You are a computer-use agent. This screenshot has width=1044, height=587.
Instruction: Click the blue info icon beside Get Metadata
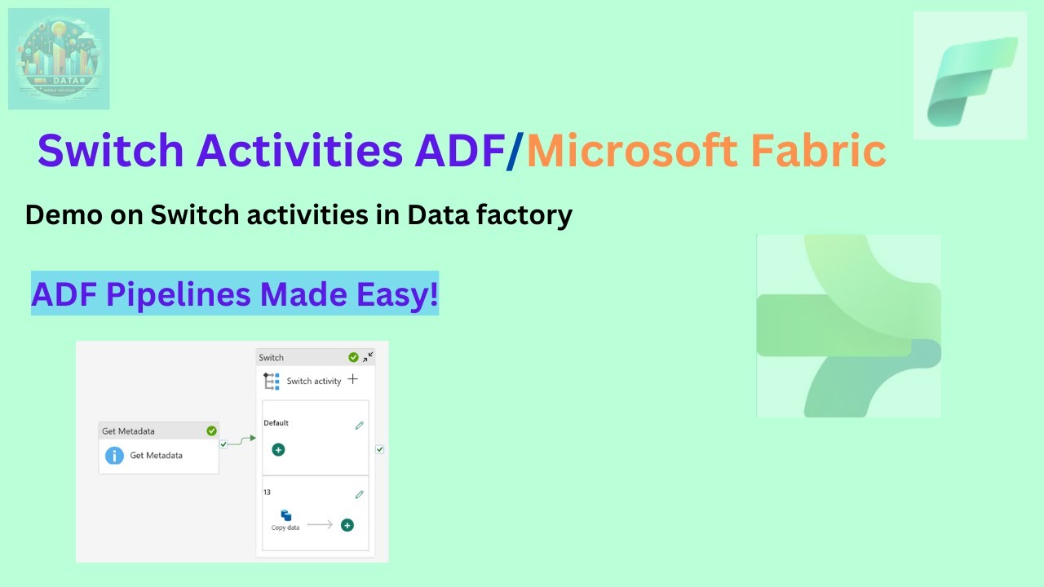click(115, 456)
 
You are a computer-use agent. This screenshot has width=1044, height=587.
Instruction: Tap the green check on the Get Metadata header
click(212, 430)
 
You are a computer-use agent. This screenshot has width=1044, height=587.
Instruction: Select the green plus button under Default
click(278, 449)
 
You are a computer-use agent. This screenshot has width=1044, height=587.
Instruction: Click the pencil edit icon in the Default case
click(359, 426)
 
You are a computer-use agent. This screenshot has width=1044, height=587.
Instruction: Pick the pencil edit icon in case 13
click(359, 495)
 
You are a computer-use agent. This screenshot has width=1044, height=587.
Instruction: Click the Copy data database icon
click(286, 515)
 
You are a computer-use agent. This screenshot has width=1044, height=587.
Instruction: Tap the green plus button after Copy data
click(347, 525)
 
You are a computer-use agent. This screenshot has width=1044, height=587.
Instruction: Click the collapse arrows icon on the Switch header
click(368, 356)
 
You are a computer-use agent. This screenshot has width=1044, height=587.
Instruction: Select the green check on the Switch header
click(353, 357)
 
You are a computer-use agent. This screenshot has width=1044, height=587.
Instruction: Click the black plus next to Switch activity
click(352, 379)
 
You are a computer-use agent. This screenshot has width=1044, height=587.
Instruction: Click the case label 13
click(267, 492)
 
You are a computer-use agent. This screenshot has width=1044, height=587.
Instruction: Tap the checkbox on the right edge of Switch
click(379, 449)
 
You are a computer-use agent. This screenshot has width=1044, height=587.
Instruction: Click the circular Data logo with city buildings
click(59, 59)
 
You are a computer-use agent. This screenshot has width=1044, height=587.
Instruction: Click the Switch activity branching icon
click(272, 381)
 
